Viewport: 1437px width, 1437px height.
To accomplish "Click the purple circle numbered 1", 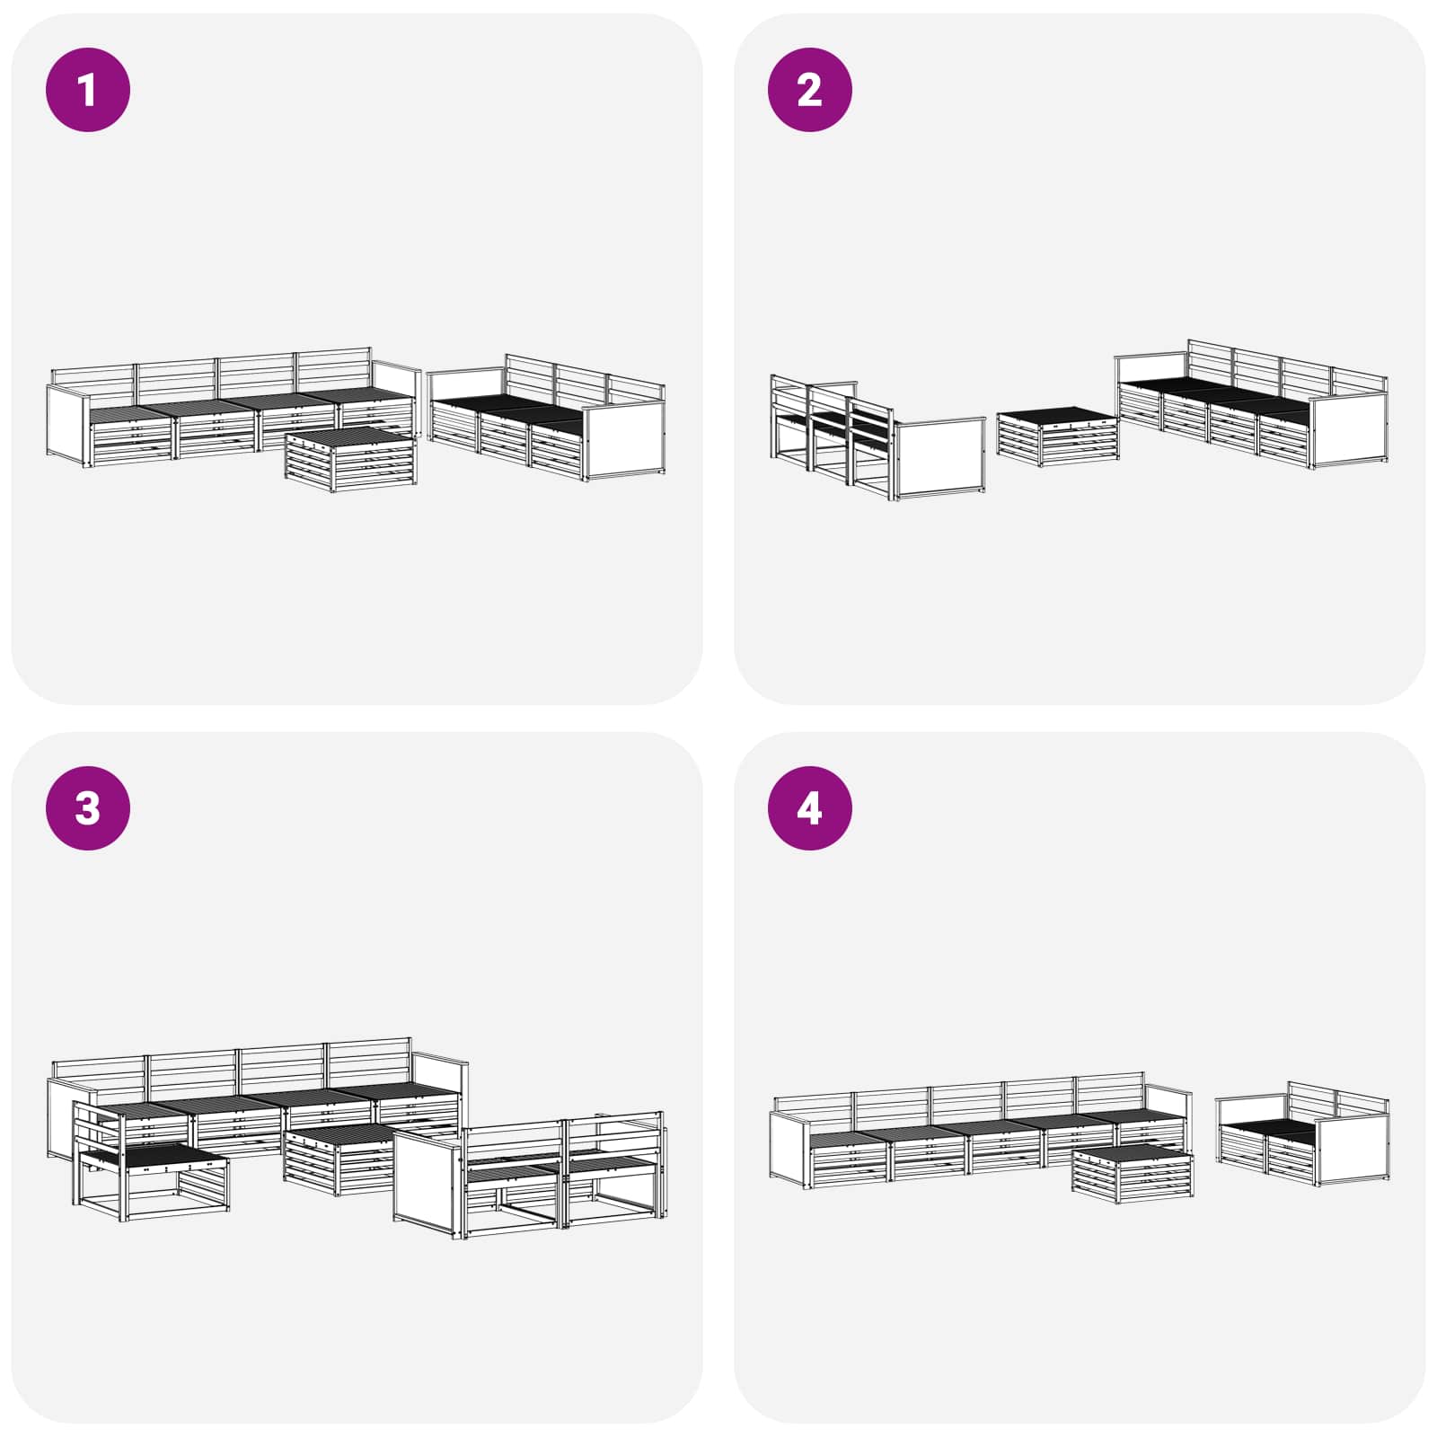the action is pos(88,90).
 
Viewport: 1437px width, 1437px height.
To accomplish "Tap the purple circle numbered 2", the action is pos(809,90).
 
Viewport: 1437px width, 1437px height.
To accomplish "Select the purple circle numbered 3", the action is pos(88,807).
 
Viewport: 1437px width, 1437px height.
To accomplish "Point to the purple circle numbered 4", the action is pos(809,807).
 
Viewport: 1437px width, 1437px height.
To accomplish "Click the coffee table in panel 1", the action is pos(351,459).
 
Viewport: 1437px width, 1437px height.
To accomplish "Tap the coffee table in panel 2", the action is pos(1058,437).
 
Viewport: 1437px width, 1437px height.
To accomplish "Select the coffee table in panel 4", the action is pos(1133,1171).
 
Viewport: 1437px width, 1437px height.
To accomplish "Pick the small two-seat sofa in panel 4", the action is pos(1303,1133).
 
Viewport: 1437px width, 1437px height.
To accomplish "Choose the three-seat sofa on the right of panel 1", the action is pos(546,418).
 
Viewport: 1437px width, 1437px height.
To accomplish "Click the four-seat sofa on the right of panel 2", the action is pos(1252,403).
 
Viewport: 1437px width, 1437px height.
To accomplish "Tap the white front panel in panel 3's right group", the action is pos(428,1182).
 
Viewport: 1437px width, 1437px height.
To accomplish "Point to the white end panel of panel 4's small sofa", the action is pos(1354,1151).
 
